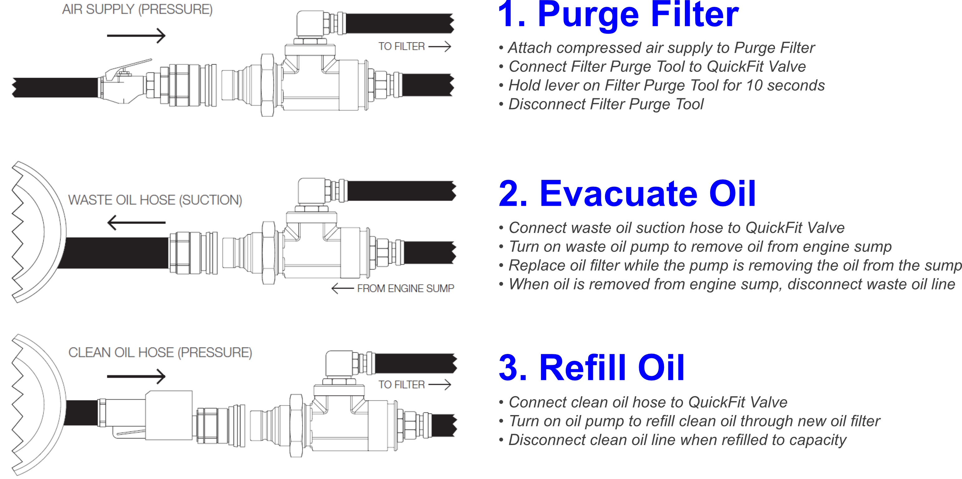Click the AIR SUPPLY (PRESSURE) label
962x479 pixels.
(137, 9)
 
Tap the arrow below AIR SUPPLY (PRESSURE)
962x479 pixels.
(136, 36)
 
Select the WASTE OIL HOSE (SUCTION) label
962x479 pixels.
(155, 200)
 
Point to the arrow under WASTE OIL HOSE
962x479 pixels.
(136, 223)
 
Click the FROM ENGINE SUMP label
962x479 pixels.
(405, 288)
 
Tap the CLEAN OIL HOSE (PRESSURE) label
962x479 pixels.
(160, 353)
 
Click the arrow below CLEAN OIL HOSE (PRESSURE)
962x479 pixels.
(136, 377)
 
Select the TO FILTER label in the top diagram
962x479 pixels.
(402, 46)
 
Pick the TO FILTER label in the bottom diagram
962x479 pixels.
(402, 385)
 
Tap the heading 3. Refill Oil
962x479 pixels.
(592, 368)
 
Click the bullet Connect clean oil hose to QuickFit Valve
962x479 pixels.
(647, 402)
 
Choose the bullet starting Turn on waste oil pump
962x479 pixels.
(700, 247)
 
